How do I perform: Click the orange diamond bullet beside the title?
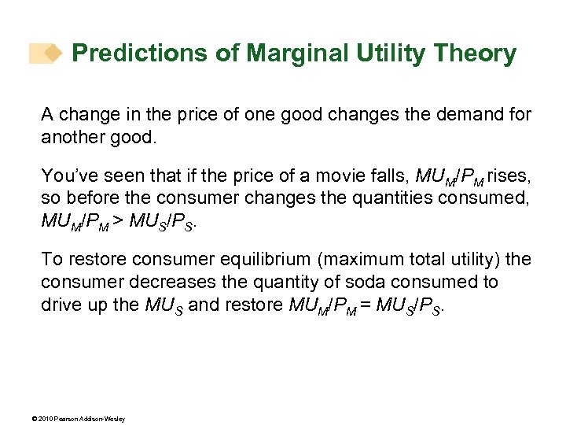(53, 54)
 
